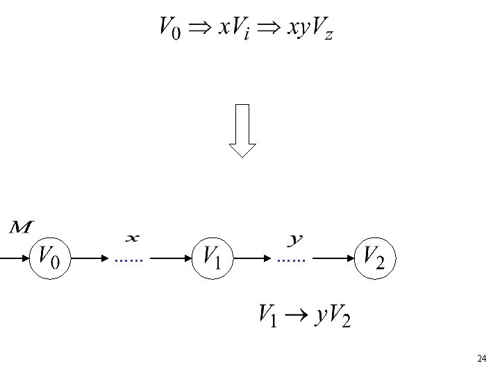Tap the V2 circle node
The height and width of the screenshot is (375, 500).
376,258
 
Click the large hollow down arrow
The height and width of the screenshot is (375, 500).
242,130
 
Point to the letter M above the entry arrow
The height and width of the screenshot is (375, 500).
23,227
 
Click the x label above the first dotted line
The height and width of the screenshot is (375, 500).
132,239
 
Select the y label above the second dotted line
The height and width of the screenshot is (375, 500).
296,240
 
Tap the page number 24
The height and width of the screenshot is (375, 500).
481,358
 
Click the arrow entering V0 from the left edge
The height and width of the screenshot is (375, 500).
14,258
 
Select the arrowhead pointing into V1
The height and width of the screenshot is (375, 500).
186,258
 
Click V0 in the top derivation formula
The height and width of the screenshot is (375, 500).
170,29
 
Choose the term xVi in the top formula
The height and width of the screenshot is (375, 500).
235,29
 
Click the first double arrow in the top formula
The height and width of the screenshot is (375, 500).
201,28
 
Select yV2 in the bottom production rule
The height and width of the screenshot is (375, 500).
332,316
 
